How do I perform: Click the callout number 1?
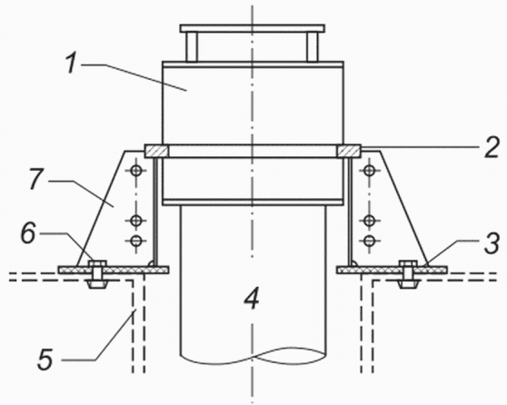click(x=72, y=63)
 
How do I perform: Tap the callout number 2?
click(x=492, y=148)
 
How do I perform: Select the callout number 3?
click(x=492, y=243)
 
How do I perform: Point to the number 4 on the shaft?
click(x=252, y=299)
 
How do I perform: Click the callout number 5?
click(x=45, y=359)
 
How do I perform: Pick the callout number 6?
click(x=28, y=233)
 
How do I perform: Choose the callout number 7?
click(x=36, y=179)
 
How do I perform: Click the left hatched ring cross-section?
click(x=156, y=151)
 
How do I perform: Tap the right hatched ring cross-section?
click(x=349, y=151)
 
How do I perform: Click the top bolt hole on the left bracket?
click(x=136, y=170)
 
